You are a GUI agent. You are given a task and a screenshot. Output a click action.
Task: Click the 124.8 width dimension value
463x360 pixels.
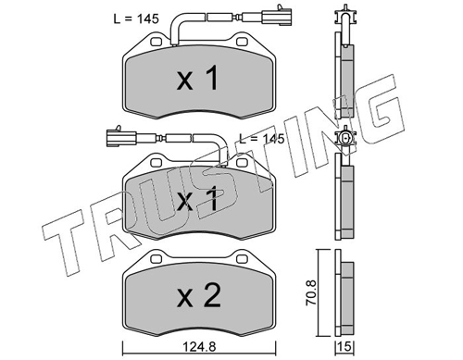199,346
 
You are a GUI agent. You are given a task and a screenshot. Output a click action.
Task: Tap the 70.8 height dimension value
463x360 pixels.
311,292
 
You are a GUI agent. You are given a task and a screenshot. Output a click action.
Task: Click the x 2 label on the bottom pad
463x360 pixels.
199,295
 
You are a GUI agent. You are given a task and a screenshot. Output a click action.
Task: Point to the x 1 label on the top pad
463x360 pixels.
198,78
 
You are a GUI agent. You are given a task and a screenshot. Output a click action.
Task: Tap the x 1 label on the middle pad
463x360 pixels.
198,200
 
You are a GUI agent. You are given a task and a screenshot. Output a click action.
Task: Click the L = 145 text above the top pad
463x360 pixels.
136,19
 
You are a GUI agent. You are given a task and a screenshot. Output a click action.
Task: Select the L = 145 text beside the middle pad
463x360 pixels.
262,139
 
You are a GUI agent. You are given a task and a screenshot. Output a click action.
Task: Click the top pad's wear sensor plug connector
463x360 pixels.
277,15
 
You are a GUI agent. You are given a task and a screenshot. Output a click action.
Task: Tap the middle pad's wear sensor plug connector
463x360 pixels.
121,136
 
